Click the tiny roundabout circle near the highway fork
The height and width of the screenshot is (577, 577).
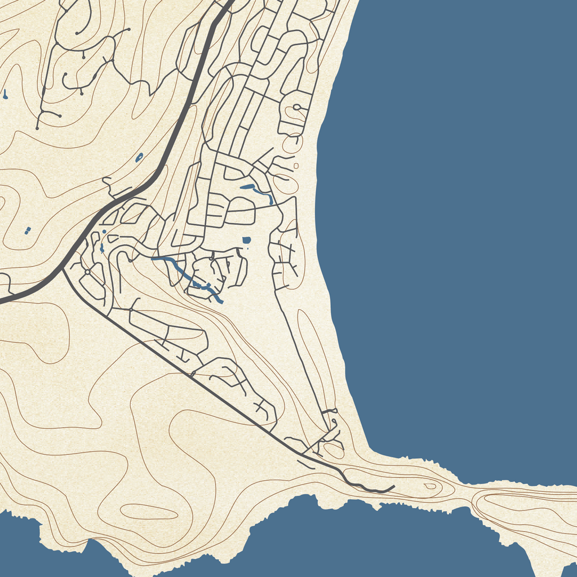coord(87,272)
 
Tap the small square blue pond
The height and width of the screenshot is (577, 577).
coord(246,240)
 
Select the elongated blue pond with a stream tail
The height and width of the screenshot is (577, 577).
coord(256,190)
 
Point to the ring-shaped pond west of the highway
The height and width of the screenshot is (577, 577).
coord(139,157)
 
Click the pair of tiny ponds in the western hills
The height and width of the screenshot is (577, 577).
coord(28,230)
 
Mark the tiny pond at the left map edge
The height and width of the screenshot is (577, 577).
coord(5,94)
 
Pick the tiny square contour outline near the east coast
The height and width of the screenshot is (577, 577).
coord(296,166)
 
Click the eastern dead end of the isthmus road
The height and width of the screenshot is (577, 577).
coord(394,486)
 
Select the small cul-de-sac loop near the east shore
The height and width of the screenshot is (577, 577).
coord(296,106)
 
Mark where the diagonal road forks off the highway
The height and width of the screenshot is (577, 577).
coord(64,269)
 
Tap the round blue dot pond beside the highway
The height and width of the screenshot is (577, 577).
coord(104,232)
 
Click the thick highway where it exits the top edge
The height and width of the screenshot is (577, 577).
coord(230,2)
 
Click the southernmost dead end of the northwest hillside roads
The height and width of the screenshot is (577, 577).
coord(37,128)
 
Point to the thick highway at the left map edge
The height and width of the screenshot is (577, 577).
coord(2,301)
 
